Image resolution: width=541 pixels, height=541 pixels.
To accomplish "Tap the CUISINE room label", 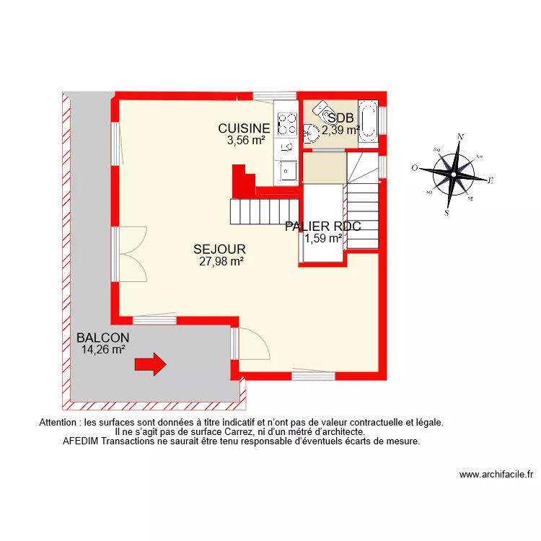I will pos(245,129).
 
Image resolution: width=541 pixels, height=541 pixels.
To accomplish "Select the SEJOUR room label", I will pos(219,250).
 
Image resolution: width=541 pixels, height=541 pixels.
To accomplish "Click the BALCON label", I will pos(103,338).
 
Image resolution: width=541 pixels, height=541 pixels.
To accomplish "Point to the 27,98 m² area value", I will pos(221,262).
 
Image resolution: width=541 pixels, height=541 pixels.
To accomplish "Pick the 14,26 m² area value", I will pos(103,350).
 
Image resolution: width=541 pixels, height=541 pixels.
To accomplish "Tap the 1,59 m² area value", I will pos(323,238).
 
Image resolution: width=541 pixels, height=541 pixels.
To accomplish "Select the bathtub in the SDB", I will pos(368,120).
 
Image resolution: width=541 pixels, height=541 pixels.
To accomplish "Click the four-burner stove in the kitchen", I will pos(287,123).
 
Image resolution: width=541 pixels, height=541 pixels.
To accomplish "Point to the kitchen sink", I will pos(287,170).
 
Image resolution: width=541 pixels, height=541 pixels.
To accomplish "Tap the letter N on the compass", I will pos(461,136).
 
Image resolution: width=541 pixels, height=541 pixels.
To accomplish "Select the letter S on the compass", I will pos(447,213).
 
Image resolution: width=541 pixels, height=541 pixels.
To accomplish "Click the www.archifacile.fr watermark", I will pos(496,475).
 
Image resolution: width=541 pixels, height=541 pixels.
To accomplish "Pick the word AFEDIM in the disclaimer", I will pos(82,441).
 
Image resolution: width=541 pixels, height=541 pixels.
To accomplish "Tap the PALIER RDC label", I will pos(322,226).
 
